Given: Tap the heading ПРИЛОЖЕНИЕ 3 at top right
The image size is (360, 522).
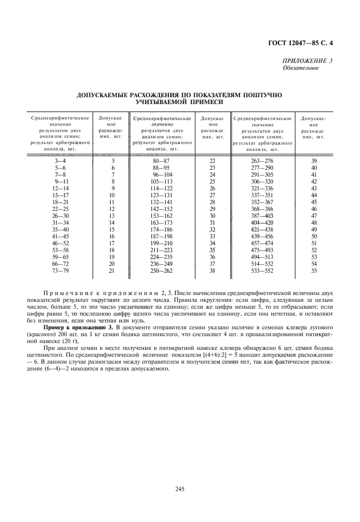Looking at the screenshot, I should click(308, 61).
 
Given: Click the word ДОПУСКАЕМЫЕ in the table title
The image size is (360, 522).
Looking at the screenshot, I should click(103, 94).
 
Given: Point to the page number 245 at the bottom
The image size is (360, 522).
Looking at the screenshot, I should click(179, 489).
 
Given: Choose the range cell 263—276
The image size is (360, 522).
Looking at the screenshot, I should click(262, 161).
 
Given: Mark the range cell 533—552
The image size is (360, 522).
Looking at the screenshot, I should click(262, 269).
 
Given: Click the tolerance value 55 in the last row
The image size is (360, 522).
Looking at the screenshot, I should click(314, 269).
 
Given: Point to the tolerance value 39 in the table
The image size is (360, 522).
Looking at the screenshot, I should click(314, 161).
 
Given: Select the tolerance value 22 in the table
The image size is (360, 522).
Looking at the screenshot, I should click(213, 161).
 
